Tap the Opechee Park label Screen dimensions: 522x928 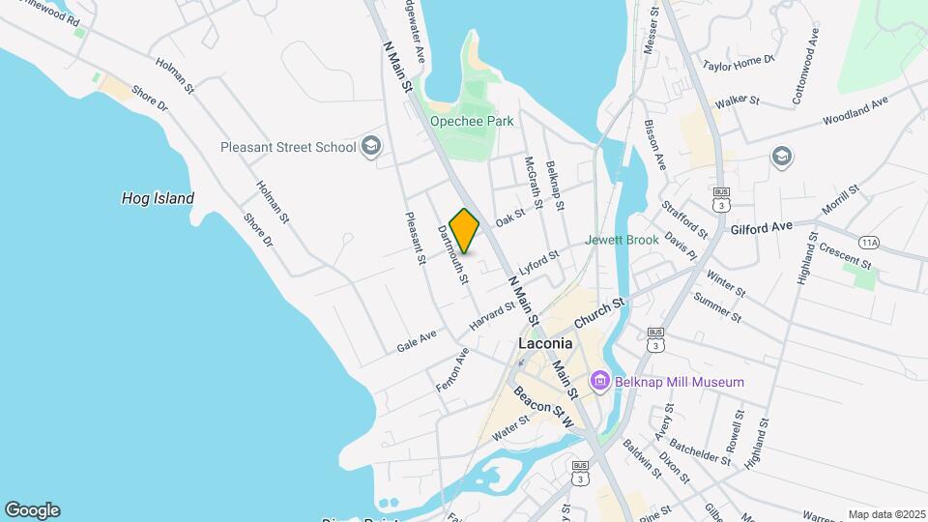click(x=472, y=122)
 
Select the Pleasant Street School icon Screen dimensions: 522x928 click(x=370, y=147)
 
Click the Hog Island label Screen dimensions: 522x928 click(x=158, y=198)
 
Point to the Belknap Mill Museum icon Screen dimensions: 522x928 click(x=599, y=382)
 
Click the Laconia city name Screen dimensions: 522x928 click(x=545, y=343)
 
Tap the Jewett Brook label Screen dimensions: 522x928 click(x=622, y=240)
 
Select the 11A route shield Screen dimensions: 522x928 click(x=869, y=243)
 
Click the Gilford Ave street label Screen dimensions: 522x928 click(x=762, y=227)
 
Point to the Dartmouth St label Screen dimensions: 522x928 click(x=452, y=255)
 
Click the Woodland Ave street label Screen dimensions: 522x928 click(x=855, y=110)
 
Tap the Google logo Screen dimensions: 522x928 click(x=32, y=510)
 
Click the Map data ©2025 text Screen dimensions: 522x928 click(x=885, y=514)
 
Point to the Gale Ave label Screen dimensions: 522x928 click(x=417, y=340)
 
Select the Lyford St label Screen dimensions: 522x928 click(x=538, y=263)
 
